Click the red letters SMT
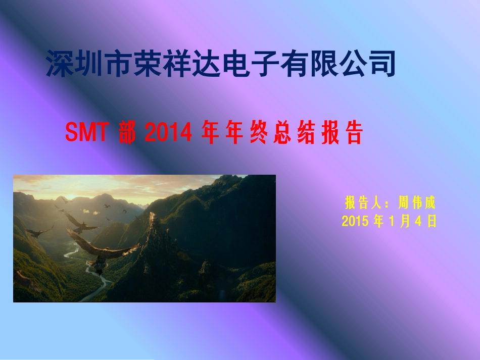pos(86,133)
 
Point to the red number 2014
pos(169,133)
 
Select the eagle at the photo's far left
pos(37,233)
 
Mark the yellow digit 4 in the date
pos(418,221)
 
